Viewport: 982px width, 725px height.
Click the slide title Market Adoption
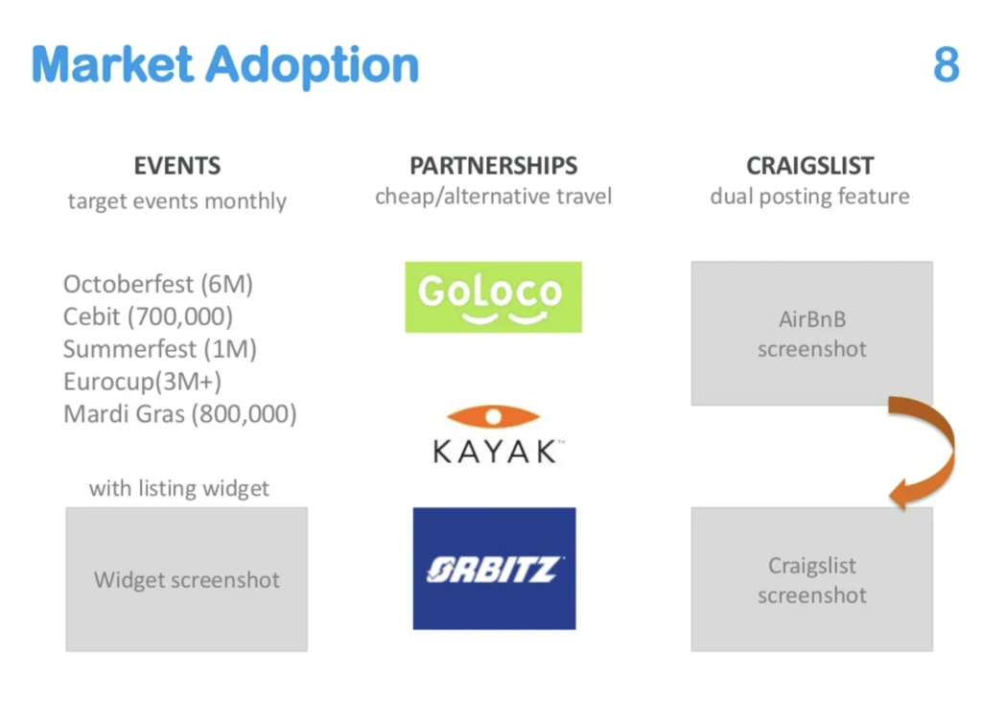[225, 66]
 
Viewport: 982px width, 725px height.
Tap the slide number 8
[946, 64]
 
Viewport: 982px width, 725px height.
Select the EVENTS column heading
[177, 166]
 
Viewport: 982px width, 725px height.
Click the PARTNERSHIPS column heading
[494, 166]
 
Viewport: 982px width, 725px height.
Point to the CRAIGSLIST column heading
[809, 166]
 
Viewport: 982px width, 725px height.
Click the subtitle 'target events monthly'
[177, 201]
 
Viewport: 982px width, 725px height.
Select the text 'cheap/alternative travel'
[494, 197]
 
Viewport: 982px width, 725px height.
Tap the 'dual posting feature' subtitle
[809, 197]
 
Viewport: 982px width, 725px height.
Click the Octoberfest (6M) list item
[158, 284]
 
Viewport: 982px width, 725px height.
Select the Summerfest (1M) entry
[160, 349]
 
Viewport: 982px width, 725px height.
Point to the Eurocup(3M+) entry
[142, 382]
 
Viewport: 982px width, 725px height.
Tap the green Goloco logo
[494, 296]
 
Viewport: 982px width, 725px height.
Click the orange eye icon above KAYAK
[493, 416]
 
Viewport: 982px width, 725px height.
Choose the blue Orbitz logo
[494, 569]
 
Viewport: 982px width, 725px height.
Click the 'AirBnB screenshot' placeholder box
[811, 333]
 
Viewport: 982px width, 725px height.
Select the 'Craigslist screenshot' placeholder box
[811, 579]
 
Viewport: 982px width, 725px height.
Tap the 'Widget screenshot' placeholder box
[187, 579]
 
